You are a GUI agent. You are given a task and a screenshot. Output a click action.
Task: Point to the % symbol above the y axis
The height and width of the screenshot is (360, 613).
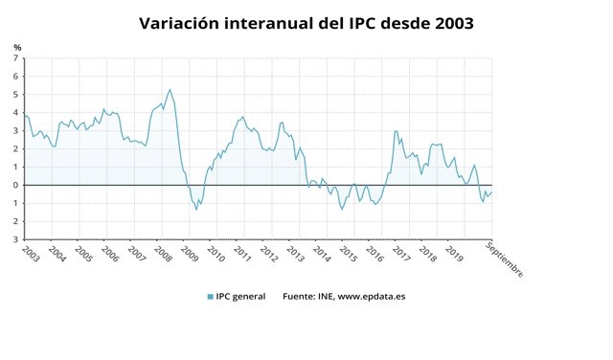(x=17, y=47)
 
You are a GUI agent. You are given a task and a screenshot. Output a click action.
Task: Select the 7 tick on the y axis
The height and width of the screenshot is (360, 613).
(x=15, y=58)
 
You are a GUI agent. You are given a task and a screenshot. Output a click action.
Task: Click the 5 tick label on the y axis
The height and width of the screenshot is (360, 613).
(x=15, y=95)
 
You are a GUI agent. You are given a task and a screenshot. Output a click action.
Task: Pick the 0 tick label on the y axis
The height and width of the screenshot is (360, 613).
(x=15, y=185)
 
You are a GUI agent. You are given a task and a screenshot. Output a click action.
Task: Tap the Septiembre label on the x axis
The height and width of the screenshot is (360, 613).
(x=504, y=259)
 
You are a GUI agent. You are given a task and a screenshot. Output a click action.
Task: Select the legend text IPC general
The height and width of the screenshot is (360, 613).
(x=241, y=297)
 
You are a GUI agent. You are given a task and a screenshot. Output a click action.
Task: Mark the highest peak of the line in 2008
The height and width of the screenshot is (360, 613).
(x=170, y=90)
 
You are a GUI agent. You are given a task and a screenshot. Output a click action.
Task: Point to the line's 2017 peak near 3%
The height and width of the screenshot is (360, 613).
(x=397, y=131)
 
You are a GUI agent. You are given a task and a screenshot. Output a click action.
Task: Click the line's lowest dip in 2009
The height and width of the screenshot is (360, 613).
(x=197, y=209)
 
